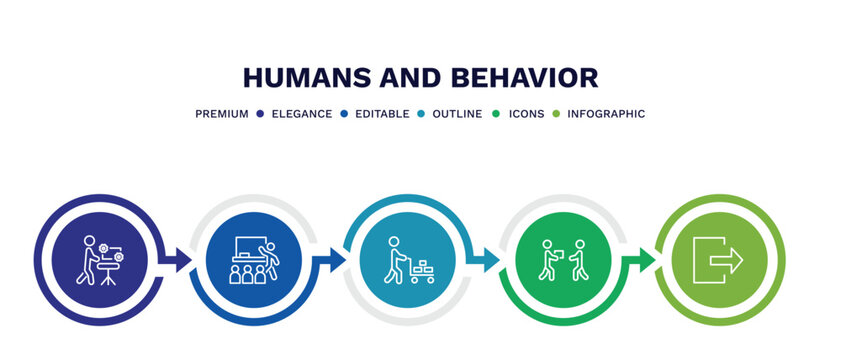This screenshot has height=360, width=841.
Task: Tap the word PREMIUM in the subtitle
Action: click(x=222, y=114)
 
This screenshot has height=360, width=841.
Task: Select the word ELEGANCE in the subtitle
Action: click(x=300, y=114)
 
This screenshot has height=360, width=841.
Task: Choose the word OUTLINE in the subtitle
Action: click(x=456, y=114)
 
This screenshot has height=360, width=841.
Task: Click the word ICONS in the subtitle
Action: click(x=526, y=114)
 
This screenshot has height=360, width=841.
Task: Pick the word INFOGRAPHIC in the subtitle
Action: click(x=606, y=114)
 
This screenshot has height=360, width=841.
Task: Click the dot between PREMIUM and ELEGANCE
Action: click(x=259, y=114)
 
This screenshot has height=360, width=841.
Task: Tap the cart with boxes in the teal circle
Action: click(x=422, y=271)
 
